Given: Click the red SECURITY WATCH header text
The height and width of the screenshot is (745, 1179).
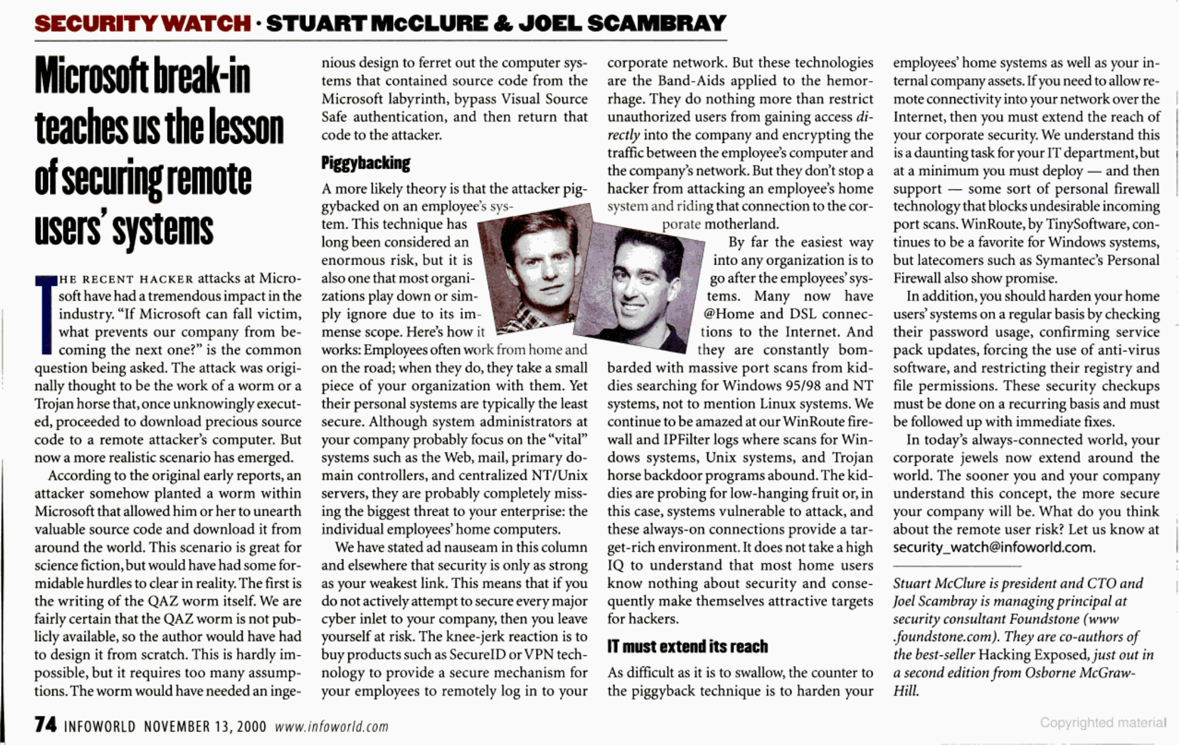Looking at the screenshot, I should (x=142, y=24).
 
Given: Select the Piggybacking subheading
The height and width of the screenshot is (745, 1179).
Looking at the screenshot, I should (x=365, y=164).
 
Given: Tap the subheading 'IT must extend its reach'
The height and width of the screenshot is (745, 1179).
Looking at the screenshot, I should (x=687, y=647).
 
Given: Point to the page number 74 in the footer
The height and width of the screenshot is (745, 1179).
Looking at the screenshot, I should (x=45, y=725).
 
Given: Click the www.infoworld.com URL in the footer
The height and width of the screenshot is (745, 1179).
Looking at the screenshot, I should (x=331, y=727).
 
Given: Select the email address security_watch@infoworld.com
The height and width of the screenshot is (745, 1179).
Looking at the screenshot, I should (x=993, y=547).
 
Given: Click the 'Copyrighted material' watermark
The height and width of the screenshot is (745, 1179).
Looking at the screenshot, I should (x=1102, y=722).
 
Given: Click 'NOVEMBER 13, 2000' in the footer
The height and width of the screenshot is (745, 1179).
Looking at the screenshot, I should (x=205, y=727).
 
